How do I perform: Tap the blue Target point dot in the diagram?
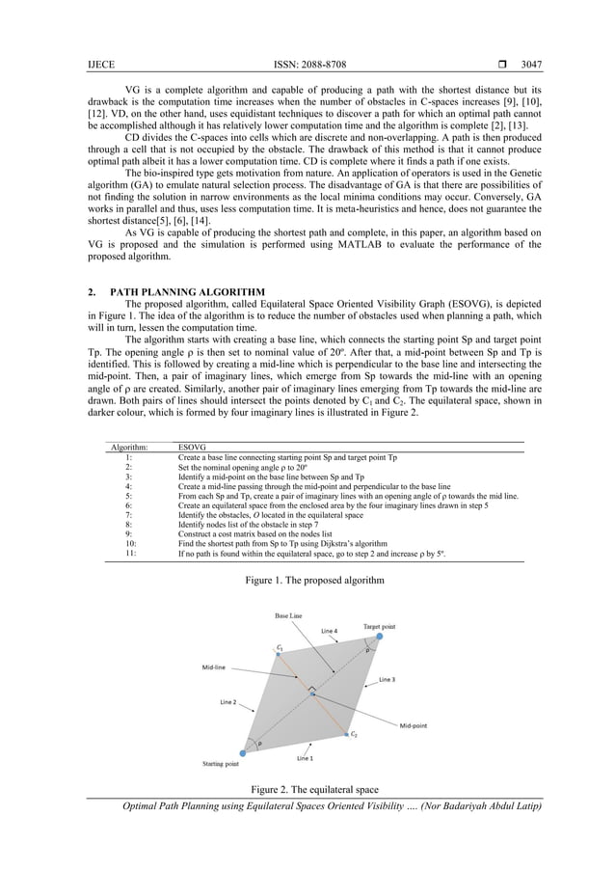pos(379,637)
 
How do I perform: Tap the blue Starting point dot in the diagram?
pos(240,752)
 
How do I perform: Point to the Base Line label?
pos(289,614)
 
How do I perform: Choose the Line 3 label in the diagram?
pos(387,679)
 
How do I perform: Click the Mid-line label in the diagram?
pos(215,666)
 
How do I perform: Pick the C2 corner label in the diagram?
pos(354,735)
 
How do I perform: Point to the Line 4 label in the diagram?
pos(330,632)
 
